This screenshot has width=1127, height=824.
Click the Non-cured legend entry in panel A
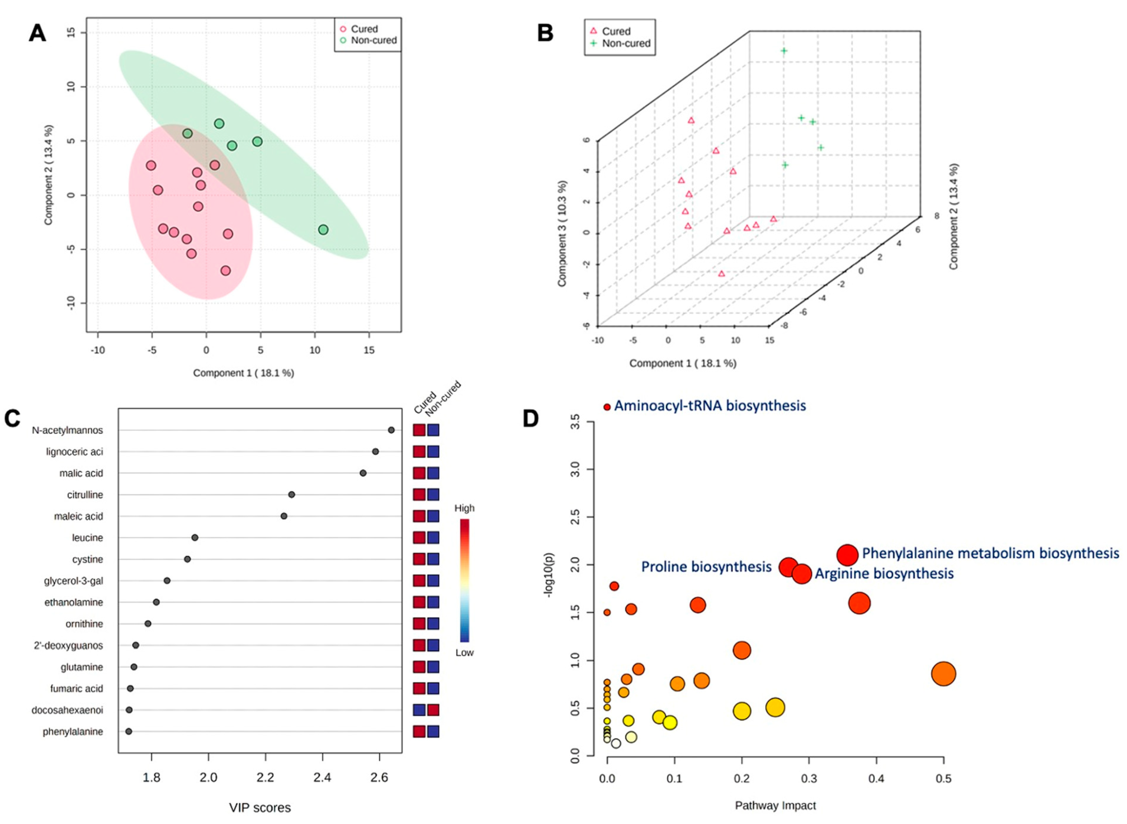(x=368, y=40)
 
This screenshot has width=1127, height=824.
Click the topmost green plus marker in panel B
(x=784, y=51)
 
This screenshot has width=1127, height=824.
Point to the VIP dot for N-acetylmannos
(x=391, y=430)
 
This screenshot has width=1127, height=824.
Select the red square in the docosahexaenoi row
(x=433, y=710)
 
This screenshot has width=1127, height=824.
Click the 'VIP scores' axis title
(x=260, y=807)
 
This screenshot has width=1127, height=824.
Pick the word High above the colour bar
(x=464, y=508)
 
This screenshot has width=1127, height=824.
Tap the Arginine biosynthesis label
(x=884, y=574)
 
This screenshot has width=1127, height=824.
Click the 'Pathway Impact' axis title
(x=775, y=805)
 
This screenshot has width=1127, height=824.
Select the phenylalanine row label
(x=73, y=732)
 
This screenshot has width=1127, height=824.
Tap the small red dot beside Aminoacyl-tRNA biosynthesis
(x=607, y=407)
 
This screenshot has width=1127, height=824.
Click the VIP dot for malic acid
(x=363, y=473)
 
